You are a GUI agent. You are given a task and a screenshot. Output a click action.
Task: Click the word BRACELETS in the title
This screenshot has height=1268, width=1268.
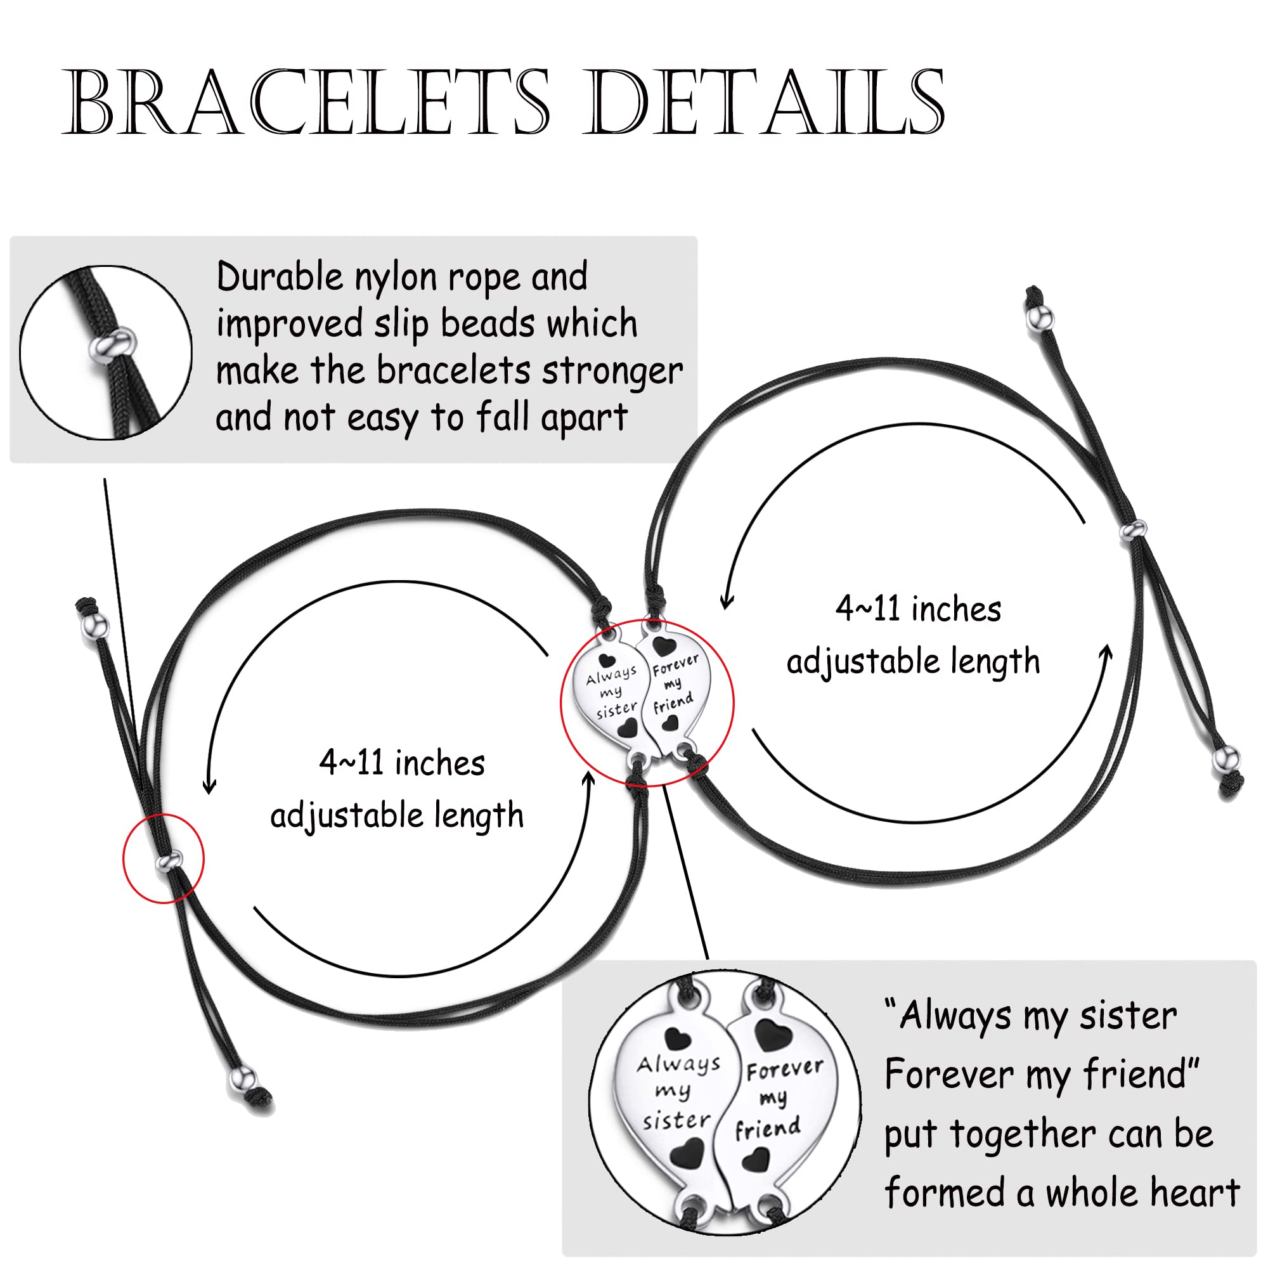(305, 103)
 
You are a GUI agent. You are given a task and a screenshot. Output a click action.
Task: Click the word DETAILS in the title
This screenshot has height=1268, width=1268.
(765, 103)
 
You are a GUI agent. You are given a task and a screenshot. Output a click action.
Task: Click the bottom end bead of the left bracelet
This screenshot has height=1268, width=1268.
(243, 1078)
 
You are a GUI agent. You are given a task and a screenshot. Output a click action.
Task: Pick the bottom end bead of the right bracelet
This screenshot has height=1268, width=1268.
(1226, 760)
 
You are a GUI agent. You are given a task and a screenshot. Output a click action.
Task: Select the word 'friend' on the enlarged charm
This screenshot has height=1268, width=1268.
(768, 1130)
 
